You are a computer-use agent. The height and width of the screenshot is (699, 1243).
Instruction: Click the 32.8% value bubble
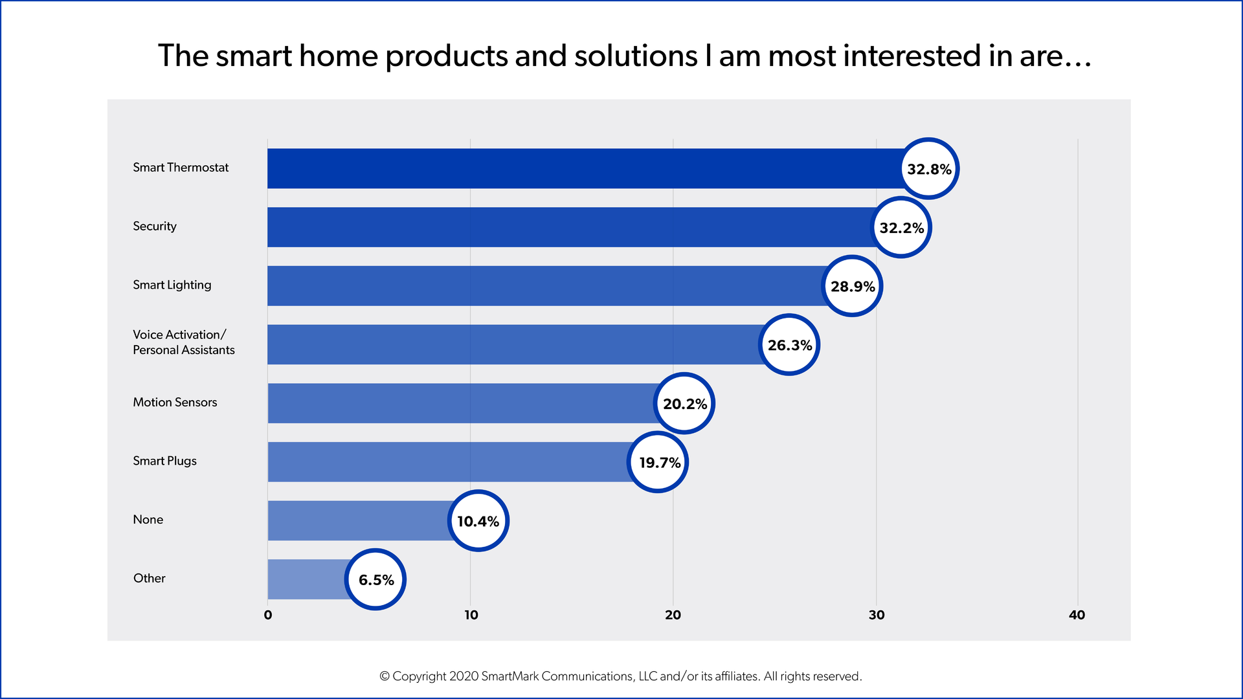(929, 169)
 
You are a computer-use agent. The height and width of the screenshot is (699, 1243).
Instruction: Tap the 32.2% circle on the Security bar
(901, 228)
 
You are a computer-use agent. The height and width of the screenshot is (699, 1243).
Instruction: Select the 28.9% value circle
(852, 286)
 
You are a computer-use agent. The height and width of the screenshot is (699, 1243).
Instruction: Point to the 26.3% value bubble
(789, 345)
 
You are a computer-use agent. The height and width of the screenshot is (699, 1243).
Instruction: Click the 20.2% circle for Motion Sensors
(684, 404)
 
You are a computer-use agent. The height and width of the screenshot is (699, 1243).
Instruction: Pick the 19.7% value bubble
(658, 462)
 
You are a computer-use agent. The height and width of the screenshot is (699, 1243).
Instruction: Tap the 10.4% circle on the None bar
(478, 521)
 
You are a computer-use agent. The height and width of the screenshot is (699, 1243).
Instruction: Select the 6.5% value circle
(375, 579)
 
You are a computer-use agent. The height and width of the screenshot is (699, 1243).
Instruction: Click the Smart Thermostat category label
(181, 168)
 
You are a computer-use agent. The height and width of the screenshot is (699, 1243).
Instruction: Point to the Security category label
(155, 227)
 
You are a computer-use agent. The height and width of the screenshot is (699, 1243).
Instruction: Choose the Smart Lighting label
(172, 285)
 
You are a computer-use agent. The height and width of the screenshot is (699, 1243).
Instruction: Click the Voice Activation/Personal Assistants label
(183, 342)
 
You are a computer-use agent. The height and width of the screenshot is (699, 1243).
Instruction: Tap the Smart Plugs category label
(164, 461)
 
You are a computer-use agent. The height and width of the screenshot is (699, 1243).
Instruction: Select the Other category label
(149, 578)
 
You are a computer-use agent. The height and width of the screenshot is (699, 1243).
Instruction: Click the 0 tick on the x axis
(268, 616)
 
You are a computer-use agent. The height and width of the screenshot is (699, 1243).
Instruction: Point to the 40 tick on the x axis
(1077, 616)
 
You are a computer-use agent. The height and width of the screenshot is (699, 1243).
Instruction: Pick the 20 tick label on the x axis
(673, 616)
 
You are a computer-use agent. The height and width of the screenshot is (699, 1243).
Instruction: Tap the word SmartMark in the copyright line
(510, 676)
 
